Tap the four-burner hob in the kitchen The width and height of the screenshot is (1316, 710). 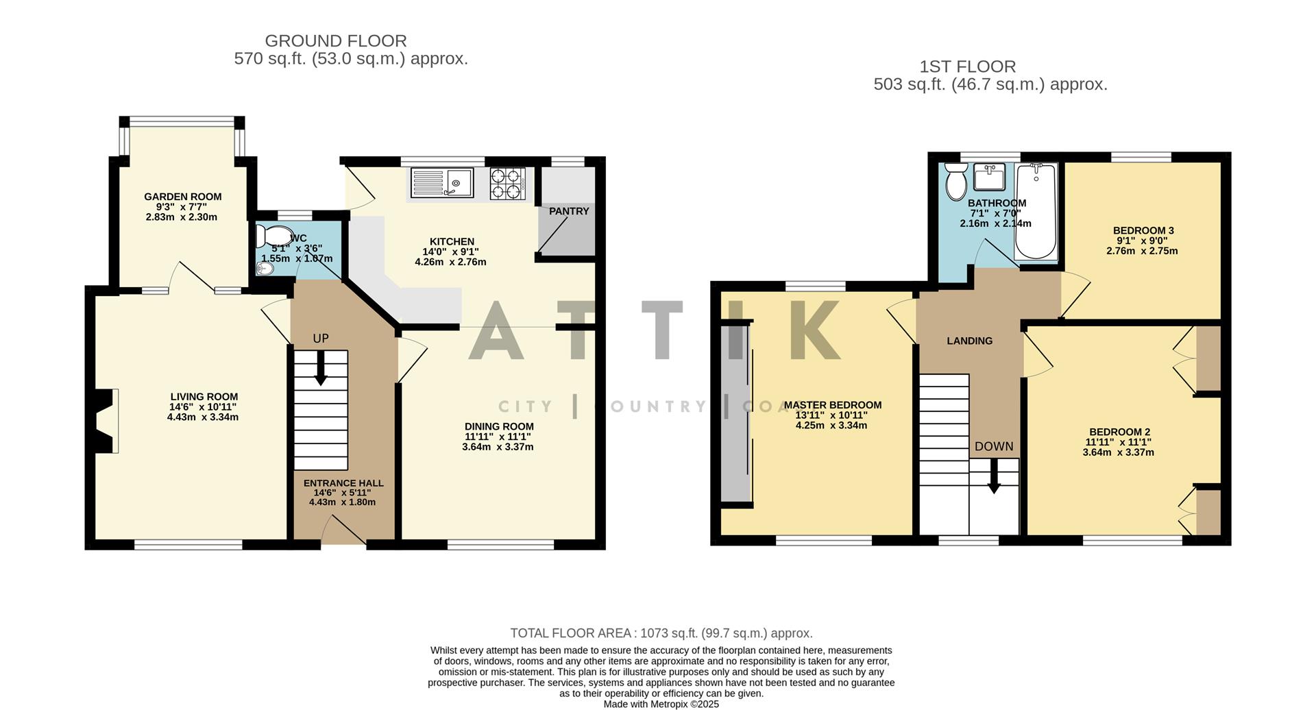point(507,184)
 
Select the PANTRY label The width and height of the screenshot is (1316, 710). point(569,211)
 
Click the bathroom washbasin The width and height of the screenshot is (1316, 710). point(988,176)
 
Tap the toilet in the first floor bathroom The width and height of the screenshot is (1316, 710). point(955,181)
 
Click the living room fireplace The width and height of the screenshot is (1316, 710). point(104,421)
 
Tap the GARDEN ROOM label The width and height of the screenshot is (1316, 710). point(182,197)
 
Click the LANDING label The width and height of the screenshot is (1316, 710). point(969,341)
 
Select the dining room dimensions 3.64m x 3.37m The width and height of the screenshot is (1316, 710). point(498,447)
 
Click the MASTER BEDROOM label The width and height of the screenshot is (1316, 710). point(832,405)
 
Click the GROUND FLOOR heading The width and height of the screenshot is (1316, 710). point(336,41)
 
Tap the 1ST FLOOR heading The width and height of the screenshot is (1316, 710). point(967,66)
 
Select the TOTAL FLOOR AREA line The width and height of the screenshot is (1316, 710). point(661,633)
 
